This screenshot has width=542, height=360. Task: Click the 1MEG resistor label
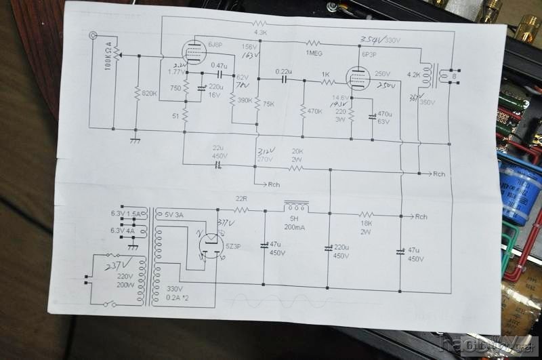pos(314,52)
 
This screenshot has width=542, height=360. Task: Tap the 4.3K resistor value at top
pos(261,31)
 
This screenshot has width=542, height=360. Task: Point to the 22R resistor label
pos(242,199)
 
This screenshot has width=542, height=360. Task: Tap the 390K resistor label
pos(243,100)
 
